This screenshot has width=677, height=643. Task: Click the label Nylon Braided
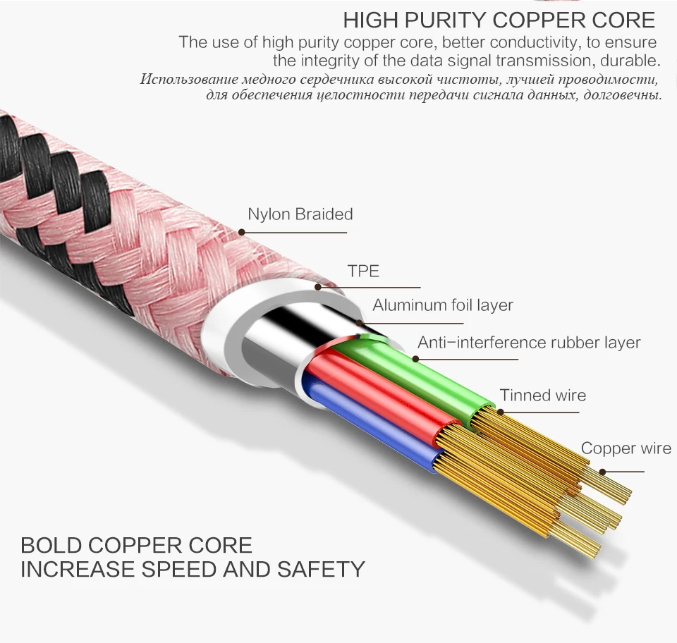[300, 214]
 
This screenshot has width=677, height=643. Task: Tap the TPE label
[363, 271]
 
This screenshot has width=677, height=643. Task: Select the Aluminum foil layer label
[443, 305]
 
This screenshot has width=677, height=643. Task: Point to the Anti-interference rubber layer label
[529, 343]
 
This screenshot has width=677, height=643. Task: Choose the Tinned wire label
[543, 396]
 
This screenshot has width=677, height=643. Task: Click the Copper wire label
[626, 448]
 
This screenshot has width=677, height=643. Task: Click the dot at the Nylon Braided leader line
[242, 232]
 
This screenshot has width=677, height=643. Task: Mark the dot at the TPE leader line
[318, 288]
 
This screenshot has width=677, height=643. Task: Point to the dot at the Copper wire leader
[602, 472]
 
